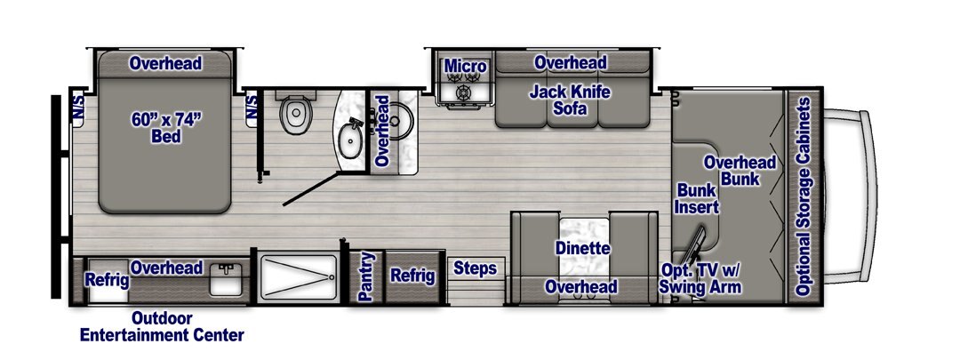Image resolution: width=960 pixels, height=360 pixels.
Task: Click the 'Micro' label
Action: [x=465, y=66]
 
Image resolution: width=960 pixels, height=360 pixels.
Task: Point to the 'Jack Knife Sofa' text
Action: [x=570, y=101]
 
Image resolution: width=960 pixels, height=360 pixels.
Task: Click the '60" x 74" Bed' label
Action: [x=166, y=129]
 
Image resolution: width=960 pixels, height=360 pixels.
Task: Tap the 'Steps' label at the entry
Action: [x=475, y=268]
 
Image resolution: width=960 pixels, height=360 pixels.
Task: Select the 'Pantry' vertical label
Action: [x=365, y=276]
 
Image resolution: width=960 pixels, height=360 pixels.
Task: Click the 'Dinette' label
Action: [x=582, y=249]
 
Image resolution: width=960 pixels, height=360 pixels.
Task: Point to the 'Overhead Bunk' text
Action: [x=740, y=171]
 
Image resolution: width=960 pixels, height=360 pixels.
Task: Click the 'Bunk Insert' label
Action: [x=696, y=198]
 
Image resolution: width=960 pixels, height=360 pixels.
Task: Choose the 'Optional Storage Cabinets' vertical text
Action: [x=804, y=196]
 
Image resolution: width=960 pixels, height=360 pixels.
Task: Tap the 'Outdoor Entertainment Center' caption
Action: [x=162, y=327]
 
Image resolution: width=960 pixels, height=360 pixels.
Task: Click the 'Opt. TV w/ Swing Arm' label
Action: [x=700, y=278]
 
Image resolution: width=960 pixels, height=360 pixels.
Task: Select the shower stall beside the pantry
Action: [x=299, y=277]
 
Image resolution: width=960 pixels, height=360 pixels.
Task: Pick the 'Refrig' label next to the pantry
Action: [x=412, y=276]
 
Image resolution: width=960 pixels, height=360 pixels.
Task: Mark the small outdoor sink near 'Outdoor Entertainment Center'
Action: [x=225, y=279]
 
